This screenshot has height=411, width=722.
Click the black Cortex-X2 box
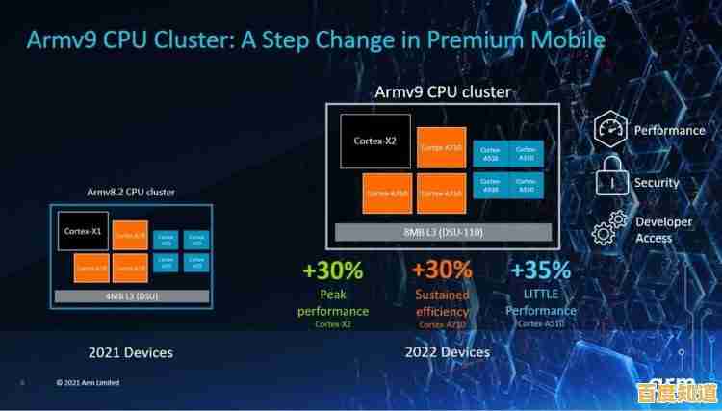pyautogui.click(x=374, y=141)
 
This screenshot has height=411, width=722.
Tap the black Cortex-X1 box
pyautogui.click(x=83, y=232)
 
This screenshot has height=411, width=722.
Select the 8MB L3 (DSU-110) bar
pyautogui.click(x=442, y=233)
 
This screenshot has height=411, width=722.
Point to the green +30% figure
pyautogui.click(x=332, y=271)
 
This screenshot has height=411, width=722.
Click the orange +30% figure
pyautogui.click(x=442, y=271)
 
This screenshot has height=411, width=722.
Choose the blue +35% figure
pyautogui.click(x=540, y=271)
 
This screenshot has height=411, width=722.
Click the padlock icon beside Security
pyautogui.click(x=611, y=181)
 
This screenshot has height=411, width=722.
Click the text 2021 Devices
pyautogui.click(x=131, y=352)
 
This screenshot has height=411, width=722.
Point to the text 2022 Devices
pyautogui.click(x=448, y=352)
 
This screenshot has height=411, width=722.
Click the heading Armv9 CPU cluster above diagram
pyautogui.click(x=443, y=92)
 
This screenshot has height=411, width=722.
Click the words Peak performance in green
pyautogui.click(x=333, y=302)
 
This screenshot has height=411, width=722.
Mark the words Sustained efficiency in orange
pyautogui.click(x=442, y=302)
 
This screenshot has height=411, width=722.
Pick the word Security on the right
pyautogui.click(x=657, y=182)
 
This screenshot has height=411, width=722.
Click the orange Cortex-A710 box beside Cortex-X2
pyautogui.click(x=442, y=147)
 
